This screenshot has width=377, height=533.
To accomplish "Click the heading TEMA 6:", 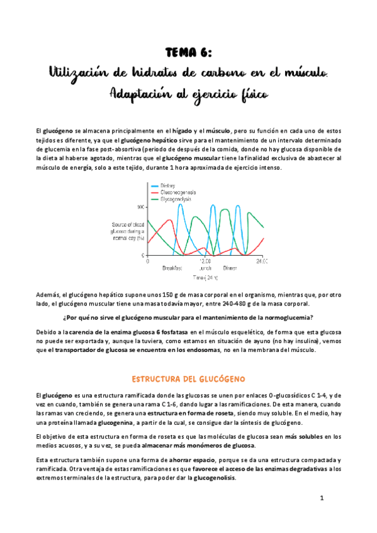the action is point(188,53).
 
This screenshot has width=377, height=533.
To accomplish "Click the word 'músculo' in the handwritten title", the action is point(300,74).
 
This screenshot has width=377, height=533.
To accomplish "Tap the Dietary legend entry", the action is point(168,185).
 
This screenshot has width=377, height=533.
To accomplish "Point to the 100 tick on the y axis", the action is point(140,207).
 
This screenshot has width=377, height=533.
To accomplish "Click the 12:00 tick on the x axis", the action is point(204,260).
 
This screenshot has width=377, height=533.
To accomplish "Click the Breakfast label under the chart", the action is point(172,268).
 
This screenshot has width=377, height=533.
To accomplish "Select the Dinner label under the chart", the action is point(229,268).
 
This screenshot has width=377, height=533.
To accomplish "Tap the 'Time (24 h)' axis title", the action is point(206,277).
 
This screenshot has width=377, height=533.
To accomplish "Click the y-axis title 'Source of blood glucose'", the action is point(127,231).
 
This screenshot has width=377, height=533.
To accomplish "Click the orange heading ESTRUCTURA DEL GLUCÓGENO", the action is point(188,379).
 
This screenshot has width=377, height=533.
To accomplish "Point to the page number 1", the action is point(321,498).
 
